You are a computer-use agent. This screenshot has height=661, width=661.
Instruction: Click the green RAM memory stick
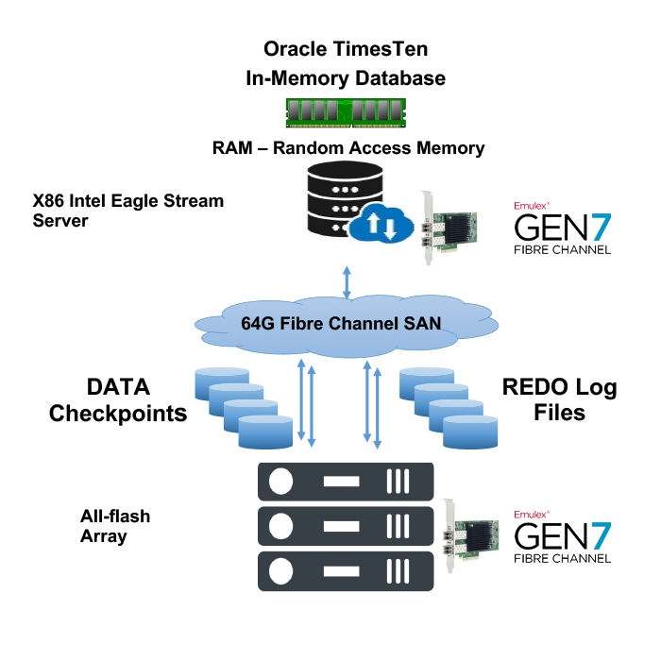click(x=347, y=110)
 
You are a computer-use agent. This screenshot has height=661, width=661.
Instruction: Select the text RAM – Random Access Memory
click(x=348, y=148)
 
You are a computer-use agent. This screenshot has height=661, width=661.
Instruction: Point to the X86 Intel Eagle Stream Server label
click(x=128, y=211)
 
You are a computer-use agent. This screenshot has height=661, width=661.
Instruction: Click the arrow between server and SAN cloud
click(x=347, y=282)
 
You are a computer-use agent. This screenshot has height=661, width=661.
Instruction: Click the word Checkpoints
click(x=118, y=413)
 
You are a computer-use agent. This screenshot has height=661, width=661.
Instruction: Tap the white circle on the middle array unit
click(x=280, y=527)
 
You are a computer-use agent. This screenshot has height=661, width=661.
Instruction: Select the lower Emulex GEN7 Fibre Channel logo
click(x=561, y=536)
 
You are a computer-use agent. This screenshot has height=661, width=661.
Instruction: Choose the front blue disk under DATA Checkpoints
click(x=265, y=433)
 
